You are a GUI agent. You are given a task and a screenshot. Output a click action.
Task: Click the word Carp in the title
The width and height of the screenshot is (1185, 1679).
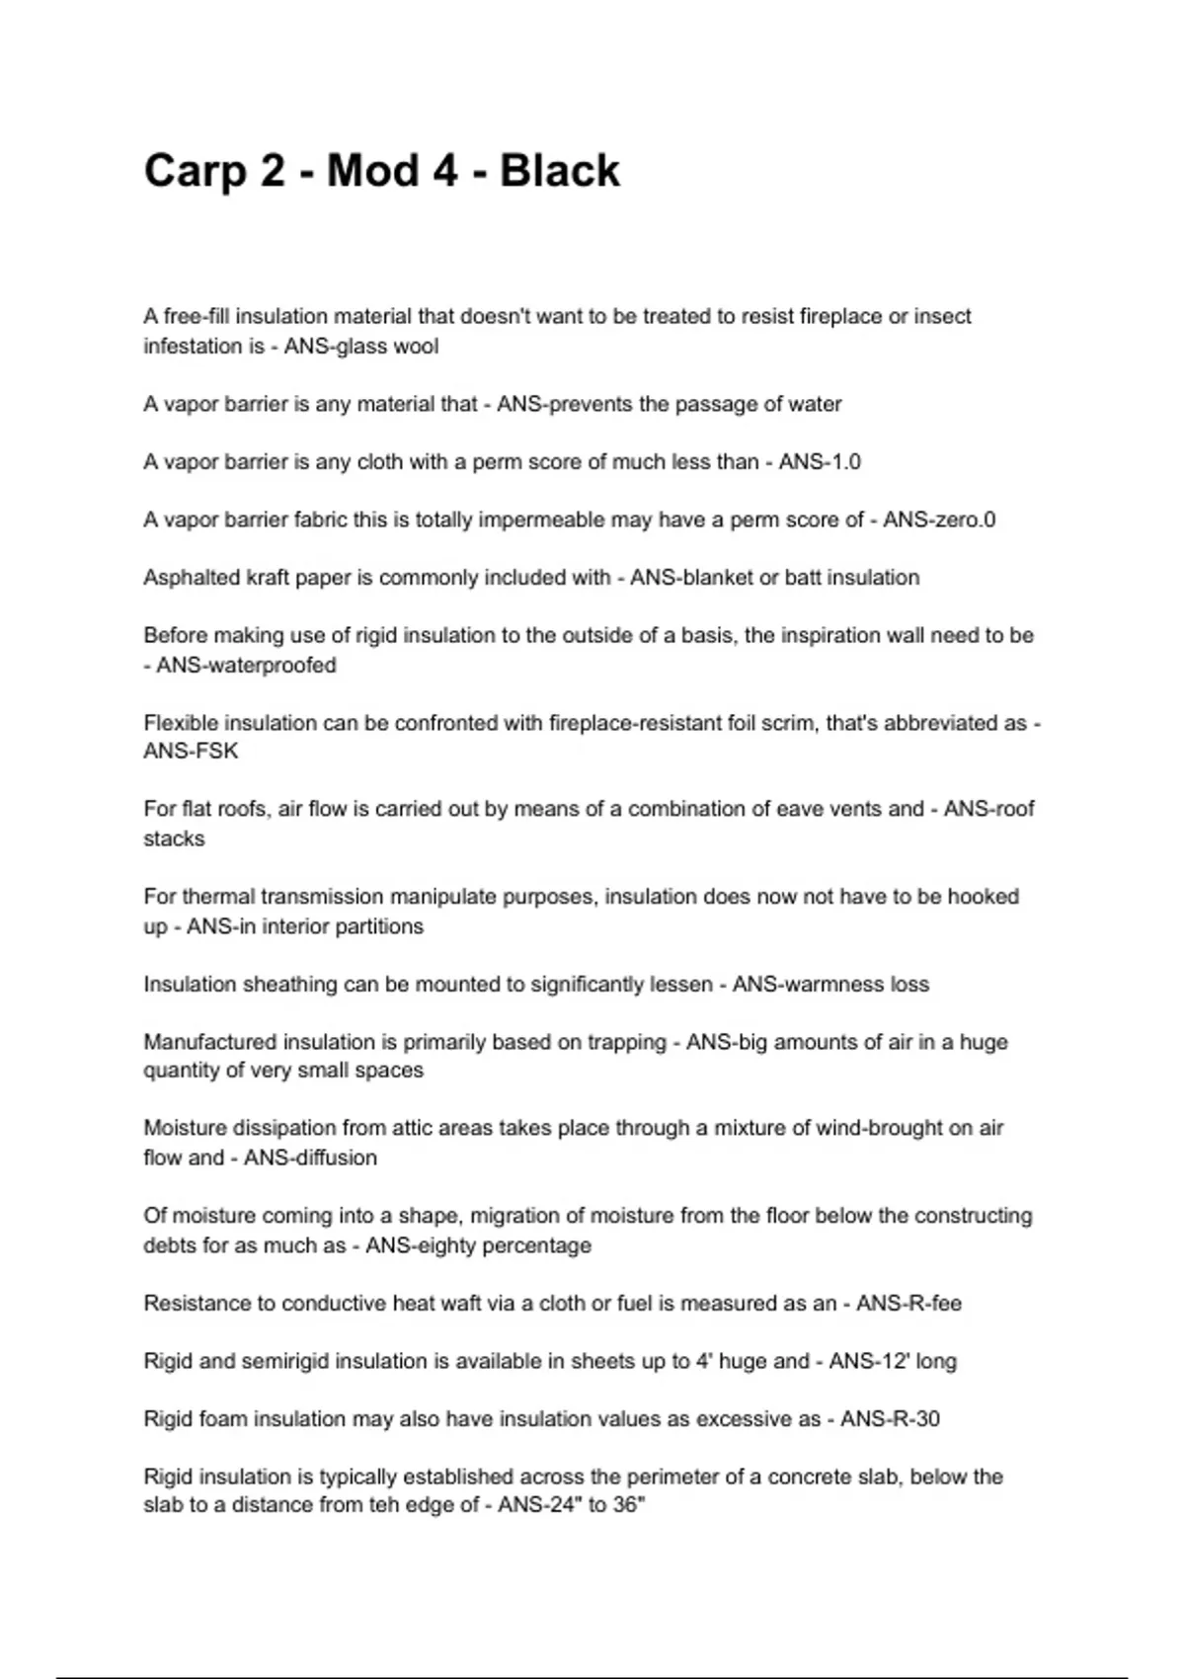194,171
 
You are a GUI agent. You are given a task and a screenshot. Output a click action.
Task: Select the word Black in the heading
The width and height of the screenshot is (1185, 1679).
559,171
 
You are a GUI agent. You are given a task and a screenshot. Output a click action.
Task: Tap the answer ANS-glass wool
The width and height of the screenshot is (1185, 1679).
361,347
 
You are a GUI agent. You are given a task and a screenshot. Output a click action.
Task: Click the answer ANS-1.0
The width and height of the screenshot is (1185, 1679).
820,462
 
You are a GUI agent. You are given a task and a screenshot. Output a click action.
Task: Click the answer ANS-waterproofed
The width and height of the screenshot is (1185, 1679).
246,666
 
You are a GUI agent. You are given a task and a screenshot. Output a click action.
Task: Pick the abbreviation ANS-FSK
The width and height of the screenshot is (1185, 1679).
191,752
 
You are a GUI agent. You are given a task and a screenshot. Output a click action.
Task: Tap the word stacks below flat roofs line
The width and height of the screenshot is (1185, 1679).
174,839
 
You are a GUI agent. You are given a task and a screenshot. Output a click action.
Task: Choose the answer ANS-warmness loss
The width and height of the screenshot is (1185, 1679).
830,985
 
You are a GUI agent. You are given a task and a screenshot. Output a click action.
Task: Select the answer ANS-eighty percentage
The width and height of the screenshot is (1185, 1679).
478,1245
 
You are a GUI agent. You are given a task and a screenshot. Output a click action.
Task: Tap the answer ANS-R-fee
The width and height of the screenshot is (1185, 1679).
908,1304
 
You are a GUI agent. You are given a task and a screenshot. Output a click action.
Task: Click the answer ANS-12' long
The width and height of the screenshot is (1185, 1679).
893,1362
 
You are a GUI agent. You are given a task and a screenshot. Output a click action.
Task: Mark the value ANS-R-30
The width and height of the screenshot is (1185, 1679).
890,1419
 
